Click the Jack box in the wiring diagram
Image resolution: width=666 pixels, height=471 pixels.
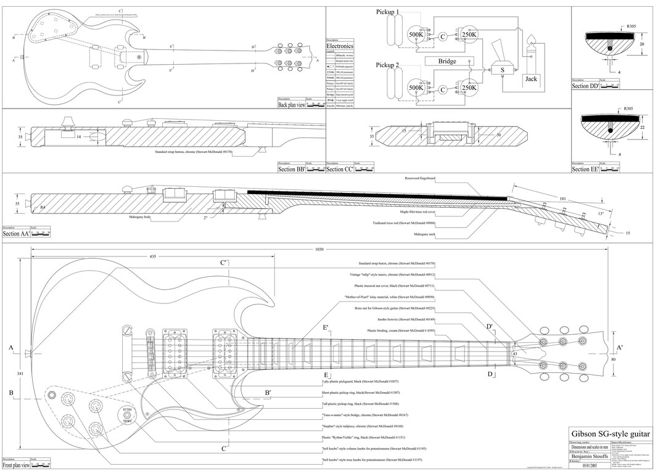[x=531, y=79]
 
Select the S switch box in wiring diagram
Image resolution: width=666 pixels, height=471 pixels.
[x=503, y=70]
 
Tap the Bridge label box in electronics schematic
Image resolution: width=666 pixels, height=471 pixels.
[x=447, y=62]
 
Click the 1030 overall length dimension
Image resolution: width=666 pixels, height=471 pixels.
[x=319, y=250]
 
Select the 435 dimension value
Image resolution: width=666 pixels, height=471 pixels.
[x=152, y=256]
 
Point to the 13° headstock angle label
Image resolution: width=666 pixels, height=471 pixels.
[x=619, y=213]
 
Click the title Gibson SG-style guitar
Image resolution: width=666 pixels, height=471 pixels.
[x=610, y=435]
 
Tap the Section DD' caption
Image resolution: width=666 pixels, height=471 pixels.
[x=585, y=86]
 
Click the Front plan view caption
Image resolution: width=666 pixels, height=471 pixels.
[x=16, y=465]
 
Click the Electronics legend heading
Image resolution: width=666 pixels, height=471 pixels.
[x=340, y=46]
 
